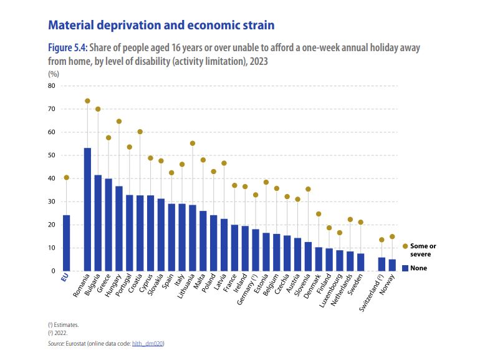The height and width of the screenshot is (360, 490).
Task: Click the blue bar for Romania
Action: (x=87, y=209)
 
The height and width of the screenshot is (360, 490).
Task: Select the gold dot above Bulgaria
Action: (x=98, y=109)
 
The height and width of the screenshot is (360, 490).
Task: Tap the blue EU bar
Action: (x=66, y=243)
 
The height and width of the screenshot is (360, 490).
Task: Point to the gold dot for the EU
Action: (x=66, y=178)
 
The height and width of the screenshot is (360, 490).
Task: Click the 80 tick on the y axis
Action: (x=52, y=86)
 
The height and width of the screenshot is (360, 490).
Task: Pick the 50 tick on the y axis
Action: (x=52, y=155)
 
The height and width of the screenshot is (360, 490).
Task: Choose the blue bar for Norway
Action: (x=392, y=265)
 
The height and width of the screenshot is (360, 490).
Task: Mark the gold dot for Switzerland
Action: (x=382, y=240)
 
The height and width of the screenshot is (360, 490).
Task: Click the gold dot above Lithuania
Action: (x=193, y=144)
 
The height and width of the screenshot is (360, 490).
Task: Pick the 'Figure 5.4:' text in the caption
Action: (x=69, y=48)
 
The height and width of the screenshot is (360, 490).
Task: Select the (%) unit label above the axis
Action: (x=53, y=74)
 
